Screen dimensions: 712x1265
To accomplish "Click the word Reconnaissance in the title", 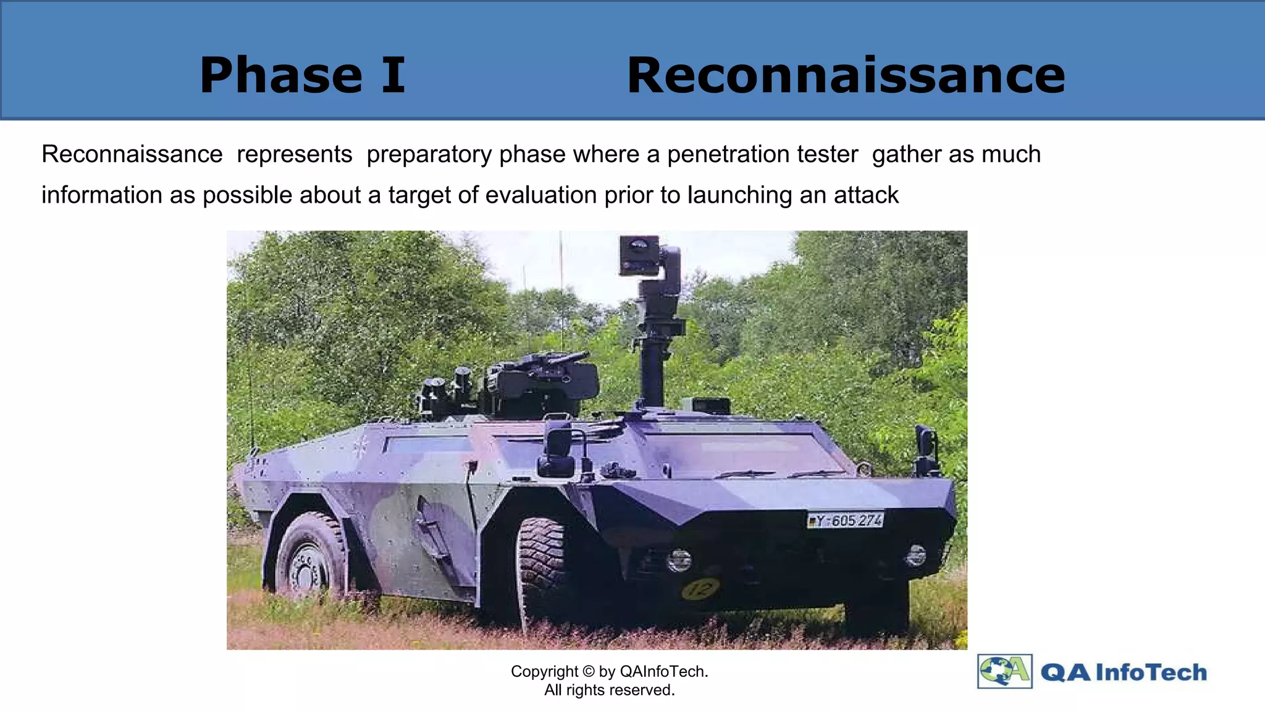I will [x=846, y=75].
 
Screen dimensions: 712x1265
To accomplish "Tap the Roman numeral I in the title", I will [x=393, y=75].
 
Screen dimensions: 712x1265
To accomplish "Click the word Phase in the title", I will [x=281, y=75].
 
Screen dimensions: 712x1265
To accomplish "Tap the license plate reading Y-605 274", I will [x=845, y=520].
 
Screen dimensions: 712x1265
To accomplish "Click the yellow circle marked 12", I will [x=700, y=588].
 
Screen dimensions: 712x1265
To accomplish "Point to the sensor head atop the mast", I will [x=640, y=255].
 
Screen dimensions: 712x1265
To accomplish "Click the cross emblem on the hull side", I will [x=360, y=446].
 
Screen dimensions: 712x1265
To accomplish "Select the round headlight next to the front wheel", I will [x=679, y=560].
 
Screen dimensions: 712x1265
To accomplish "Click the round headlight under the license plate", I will [x=915, y=554].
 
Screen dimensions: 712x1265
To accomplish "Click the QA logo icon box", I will [x=1004, y=671].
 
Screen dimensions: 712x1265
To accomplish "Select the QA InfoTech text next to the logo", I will [x=1123, y=672].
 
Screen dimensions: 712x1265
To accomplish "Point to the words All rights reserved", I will [x=609, y=690].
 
